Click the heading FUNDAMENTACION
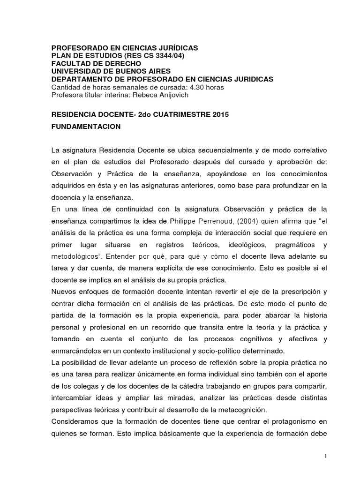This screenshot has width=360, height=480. point(86,127)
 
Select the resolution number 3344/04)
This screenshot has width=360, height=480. point(167,56)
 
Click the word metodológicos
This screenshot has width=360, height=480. point(77,256)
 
